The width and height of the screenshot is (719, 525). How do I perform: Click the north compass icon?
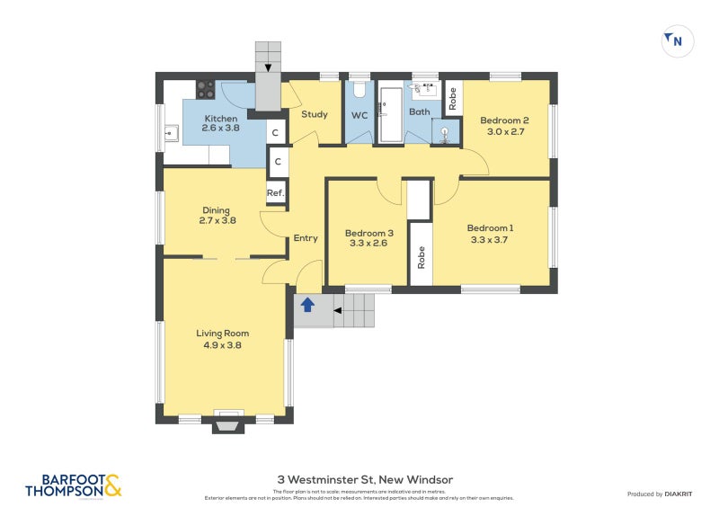click(678, 40)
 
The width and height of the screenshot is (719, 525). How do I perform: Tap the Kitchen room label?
click(221, 119)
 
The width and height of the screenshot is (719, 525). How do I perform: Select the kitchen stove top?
click(206, 90)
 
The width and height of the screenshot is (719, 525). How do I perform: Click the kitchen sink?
click(170, 136)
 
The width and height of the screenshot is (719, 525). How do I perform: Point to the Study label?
click(314, 114)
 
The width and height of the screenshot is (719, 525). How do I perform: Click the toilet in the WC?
click(359, 91)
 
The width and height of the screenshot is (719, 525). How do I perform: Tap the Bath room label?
click(420, 112)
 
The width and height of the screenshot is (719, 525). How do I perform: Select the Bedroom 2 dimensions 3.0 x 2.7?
click(503, 131)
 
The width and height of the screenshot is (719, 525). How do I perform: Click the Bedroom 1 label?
click(491, 227)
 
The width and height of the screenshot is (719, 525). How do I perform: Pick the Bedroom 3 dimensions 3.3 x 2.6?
click(366, 243)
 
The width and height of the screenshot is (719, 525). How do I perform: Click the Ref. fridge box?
click(276, 194)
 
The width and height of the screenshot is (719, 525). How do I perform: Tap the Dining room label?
click(216, 210)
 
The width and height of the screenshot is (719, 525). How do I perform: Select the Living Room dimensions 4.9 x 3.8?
click(222, 344)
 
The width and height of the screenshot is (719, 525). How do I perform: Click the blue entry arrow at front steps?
click(307, 305)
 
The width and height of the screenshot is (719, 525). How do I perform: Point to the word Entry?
click(306, 238)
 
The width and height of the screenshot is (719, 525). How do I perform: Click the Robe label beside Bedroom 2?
click(453, 98)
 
